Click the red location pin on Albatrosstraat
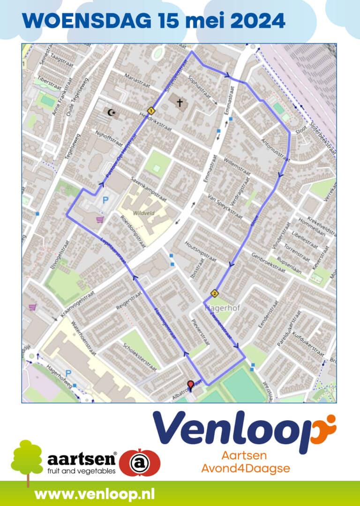click(190, 385)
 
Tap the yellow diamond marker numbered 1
click(151, 111)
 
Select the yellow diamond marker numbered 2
click(215, 294)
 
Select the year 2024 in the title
click(259, 21)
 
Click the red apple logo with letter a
click(139, 463)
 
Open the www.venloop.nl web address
click(95, 494)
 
